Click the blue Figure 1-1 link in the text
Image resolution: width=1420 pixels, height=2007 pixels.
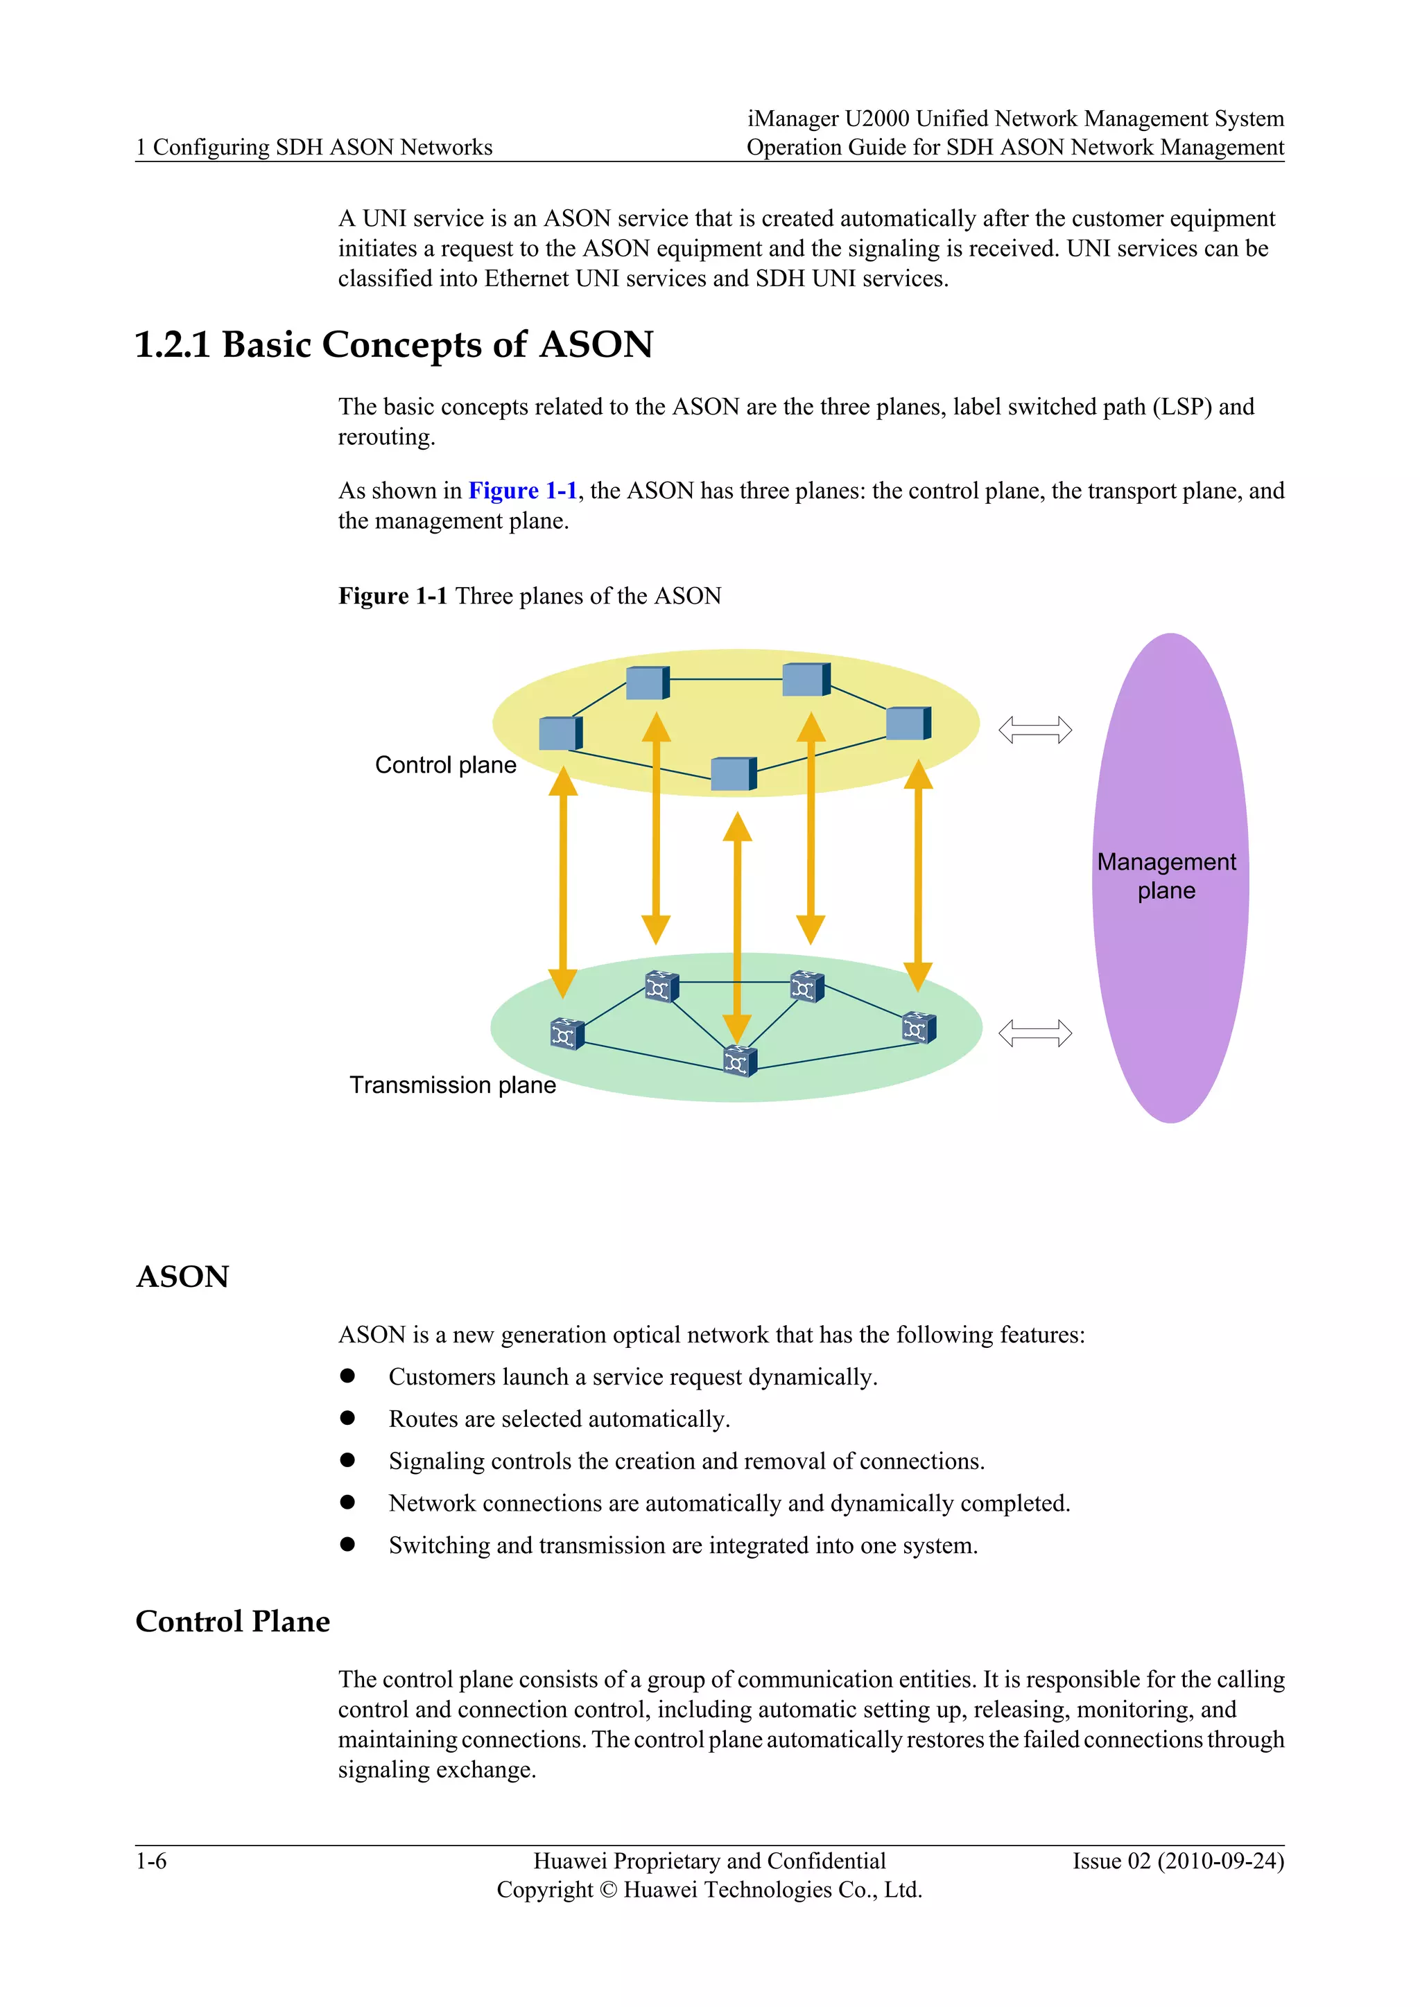(x=522, y=491)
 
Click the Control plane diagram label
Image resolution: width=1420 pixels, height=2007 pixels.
(x=445, y=765)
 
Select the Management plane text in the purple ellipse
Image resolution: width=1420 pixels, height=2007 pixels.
(x=1166, y=876)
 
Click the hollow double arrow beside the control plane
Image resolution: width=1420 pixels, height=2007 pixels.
(x=1034, y=729)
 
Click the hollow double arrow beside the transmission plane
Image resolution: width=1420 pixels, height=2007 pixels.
(x=1034, y=1033)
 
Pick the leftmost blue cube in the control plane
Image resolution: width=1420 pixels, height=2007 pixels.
(x=560, y=733)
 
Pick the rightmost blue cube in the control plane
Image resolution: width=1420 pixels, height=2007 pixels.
(x=908, y=724)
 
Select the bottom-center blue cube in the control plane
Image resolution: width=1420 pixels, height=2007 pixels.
(x=733, y=773)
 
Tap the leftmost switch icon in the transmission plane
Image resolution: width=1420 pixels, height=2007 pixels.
(x=566, y=1034)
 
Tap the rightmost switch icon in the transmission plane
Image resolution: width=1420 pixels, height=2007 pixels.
(x=918, y=1028)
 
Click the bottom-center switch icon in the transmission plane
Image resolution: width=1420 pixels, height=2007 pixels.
(x=739, y=1061)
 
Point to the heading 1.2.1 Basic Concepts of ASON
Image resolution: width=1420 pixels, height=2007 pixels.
(x=393, y=344)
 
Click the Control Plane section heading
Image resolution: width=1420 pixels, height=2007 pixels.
(x=232, y=1622)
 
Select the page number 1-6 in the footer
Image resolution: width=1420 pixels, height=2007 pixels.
(x=150, y=1862)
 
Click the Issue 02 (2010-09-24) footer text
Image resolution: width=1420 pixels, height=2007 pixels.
(x=1178, y=1862)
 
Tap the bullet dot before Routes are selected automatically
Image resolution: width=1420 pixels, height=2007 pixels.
(x=347, y=1418)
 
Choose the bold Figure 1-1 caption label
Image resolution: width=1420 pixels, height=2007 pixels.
(x=392, y=596)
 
